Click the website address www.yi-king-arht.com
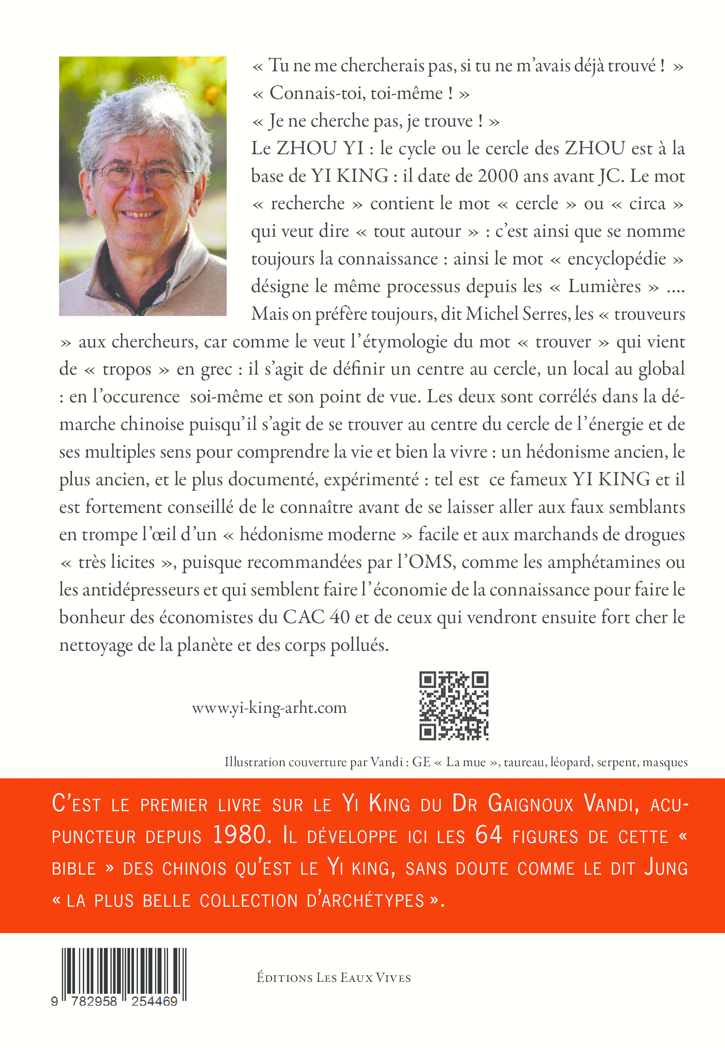click(269, 708)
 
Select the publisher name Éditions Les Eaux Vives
click(333, 977)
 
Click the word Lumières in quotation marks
click(604, 286)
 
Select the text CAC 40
click(316, 617)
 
